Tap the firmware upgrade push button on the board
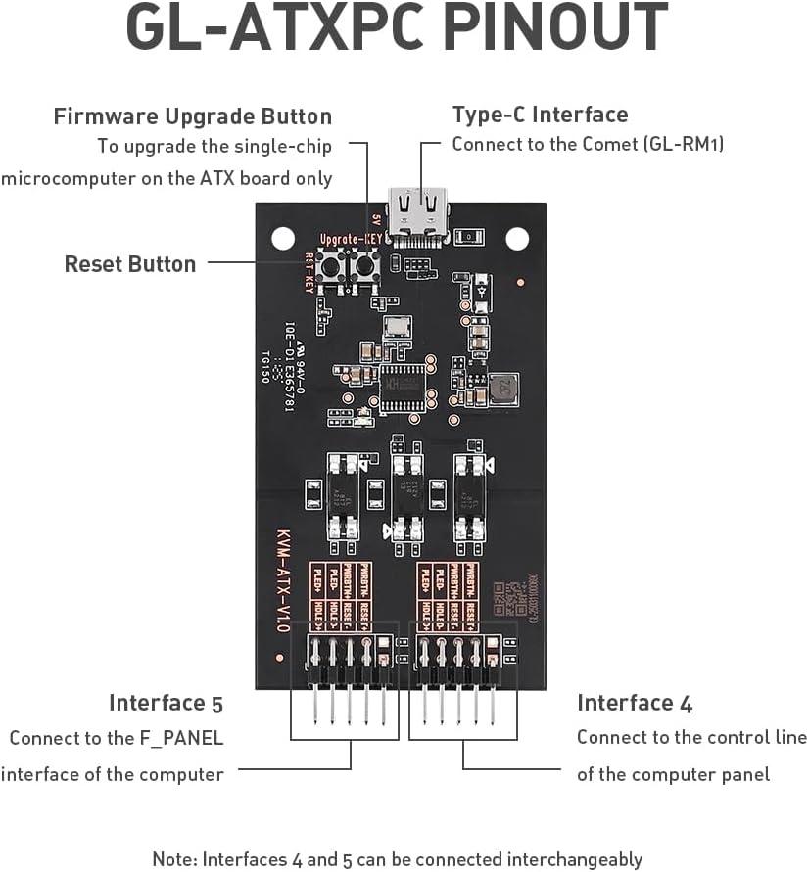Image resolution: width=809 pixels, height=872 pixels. pyautogui.click(x=365, y=266)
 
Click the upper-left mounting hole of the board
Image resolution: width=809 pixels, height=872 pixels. pyautogui.click(x=282, y=236)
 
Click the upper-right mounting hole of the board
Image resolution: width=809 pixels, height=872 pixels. pyautogui.click(x=516, y=236)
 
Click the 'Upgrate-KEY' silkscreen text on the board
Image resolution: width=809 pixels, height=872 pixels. pyautogui.click(x=350, y=239)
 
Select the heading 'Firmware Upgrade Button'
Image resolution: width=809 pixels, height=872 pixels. pyautogui.click(x=193, y=116)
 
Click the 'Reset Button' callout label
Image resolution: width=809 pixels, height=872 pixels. pyautogui.click(x=130, y=264)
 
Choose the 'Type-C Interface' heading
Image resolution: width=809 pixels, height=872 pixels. pyautogui.click(x=540, y=115)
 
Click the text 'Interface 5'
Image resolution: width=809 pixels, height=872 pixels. pyautogui.click(x=166, y=703)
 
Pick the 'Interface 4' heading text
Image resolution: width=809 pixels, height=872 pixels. pyautogui.click(x=635, y=703)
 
